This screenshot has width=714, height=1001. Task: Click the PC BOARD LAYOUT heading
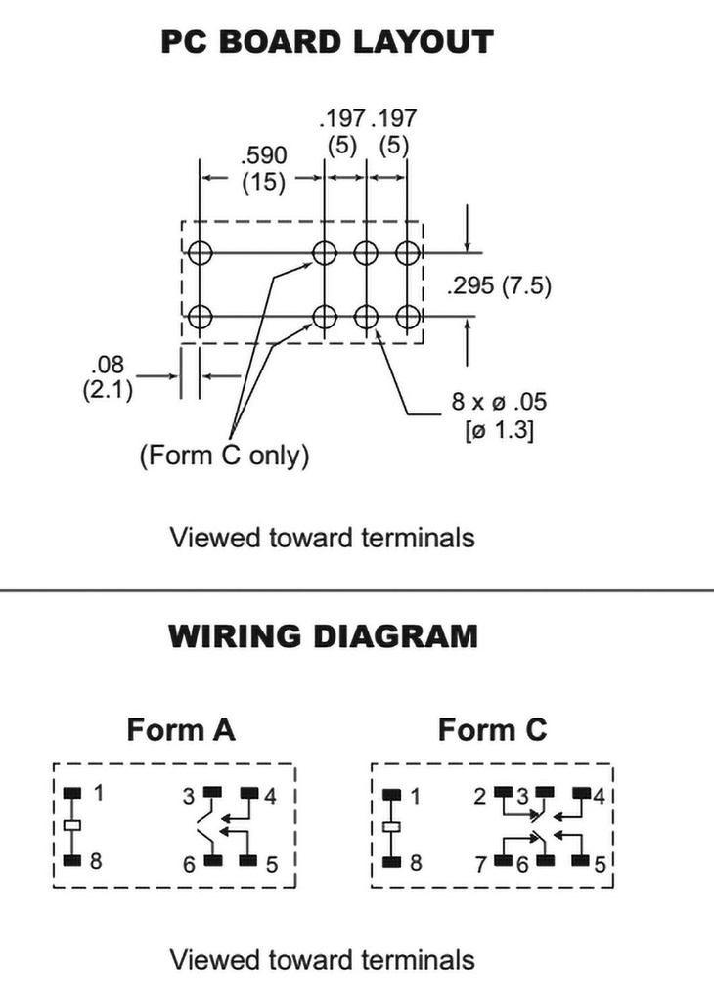point(327,42)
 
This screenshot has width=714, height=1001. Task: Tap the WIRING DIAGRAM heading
point(324,636)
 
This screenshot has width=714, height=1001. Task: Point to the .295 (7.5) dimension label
point(500,286)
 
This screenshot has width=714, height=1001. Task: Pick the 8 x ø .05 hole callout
point(498,402)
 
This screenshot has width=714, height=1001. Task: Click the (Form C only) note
point(223,456)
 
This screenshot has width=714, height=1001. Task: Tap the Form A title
point(181,729)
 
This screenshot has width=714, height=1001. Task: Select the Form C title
point(492,729)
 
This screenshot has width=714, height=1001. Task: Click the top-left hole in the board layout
point(201,252)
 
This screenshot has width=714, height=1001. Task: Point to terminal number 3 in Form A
point(189,796)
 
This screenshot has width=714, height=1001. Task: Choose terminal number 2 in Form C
point(479,796)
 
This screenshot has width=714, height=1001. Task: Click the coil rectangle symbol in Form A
point(70,827)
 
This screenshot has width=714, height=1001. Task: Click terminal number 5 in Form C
point(601,863)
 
